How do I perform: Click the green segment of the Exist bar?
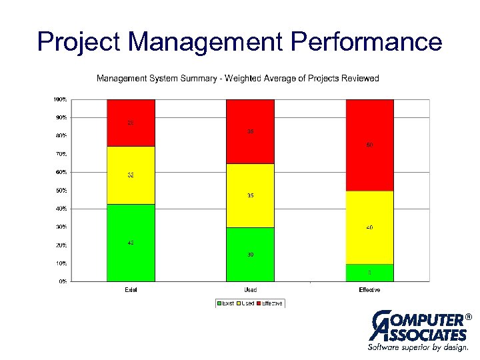point(131,243)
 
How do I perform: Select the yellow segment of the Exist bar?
point(131,175)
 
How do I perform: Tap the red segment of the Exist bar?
point(131,123)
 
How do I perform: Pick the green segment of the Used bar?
point(250,255)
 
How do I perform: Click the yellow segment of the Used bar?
point(250,196)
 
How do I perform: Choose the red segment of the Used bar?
point(250,131)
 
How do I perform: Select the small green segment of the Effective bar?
point(369,273)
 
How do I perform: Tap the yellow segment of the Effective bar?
point(369,227)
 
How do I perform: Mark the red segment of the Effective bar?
point(369,145)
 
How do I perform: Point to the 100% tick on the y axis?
point(60,99)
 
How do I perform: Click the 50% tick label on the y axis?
point(60,191)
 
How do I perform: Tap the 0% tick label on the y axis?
point(61,281)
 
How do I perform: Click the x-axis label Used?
point(250,290)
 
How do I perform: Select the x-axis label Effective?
point(369,290)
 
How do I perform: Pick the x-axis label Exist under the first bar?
point(131,290)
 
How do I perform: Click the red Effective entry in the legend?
point(269,303)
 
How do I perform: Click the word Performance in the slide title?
point(367,42)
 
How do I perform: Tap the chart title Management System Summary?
point(237,79)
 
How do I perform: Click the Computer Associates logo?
point(418,330)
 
